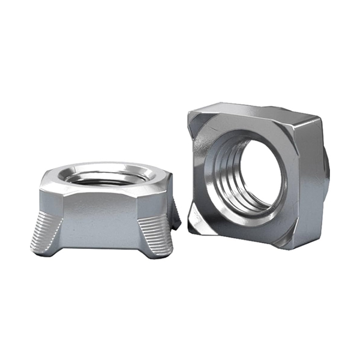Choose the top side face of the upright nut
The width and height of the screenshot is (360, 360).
tap(252, 112)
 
